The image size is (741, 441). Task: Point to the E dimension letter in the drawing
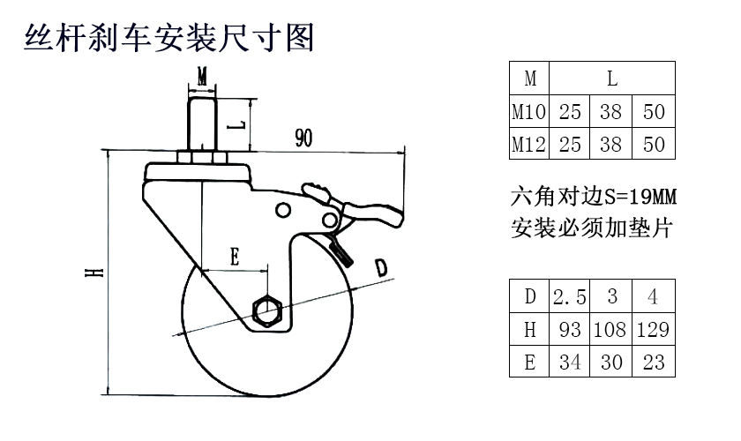pos(235,257)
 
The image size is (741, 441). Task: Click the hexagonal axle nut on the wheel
pos(266,310)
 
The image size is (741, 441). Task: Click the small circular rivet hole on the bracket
pos(283,209)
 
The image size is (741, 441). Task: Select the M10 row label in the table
pos(530,112)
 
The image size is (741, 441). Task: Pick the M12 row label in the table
pos(530,144)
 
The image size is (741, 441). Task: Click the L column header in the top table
pos(612,78)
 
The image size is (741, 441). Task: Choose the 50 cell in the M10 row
pos(654,112)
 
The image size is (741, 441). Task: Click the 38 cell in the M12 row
pos(611,144)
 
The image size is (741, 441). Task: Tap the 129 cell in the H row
pos(653,329)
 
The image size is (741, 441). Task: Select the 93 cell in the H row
pos(570,329)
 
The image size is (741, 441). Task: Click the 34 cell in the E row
pos(570,361)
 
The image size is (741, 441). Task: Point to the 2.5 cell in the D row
pos(570,296)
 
